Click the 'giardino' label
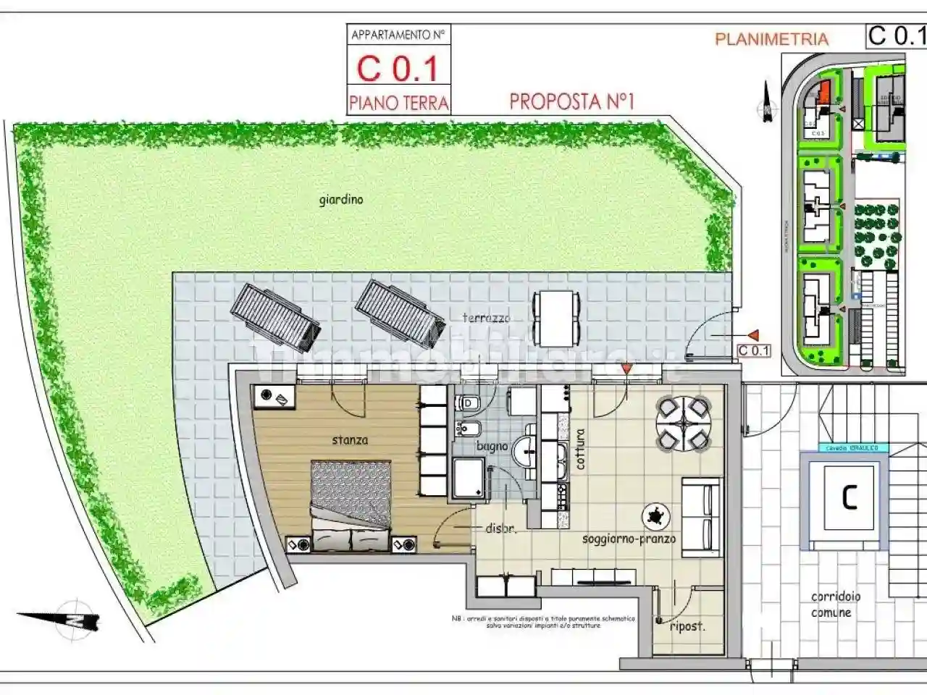(341, 200)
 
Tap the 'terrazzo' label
(487, 318)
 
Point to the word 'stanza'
(350, 439)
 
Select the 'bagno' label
(492, 447)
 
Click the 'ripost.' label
(687, 626)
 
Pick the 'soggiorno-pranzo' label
(629, 539)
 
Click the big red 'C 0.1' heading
(398, 69)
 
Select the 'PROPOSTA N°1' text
(571, 101)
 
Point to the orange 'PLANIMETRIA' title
(771, 39)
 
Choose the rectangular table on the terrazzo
(556, 319)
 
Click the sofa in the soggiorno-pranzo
(700, 516)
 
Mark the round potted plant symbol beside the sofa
(656, 517)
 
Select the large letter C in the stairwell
(849, 497)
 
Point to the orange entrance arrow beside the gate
(753, 335)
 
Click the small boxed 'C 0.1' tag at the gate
(753, 351)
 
